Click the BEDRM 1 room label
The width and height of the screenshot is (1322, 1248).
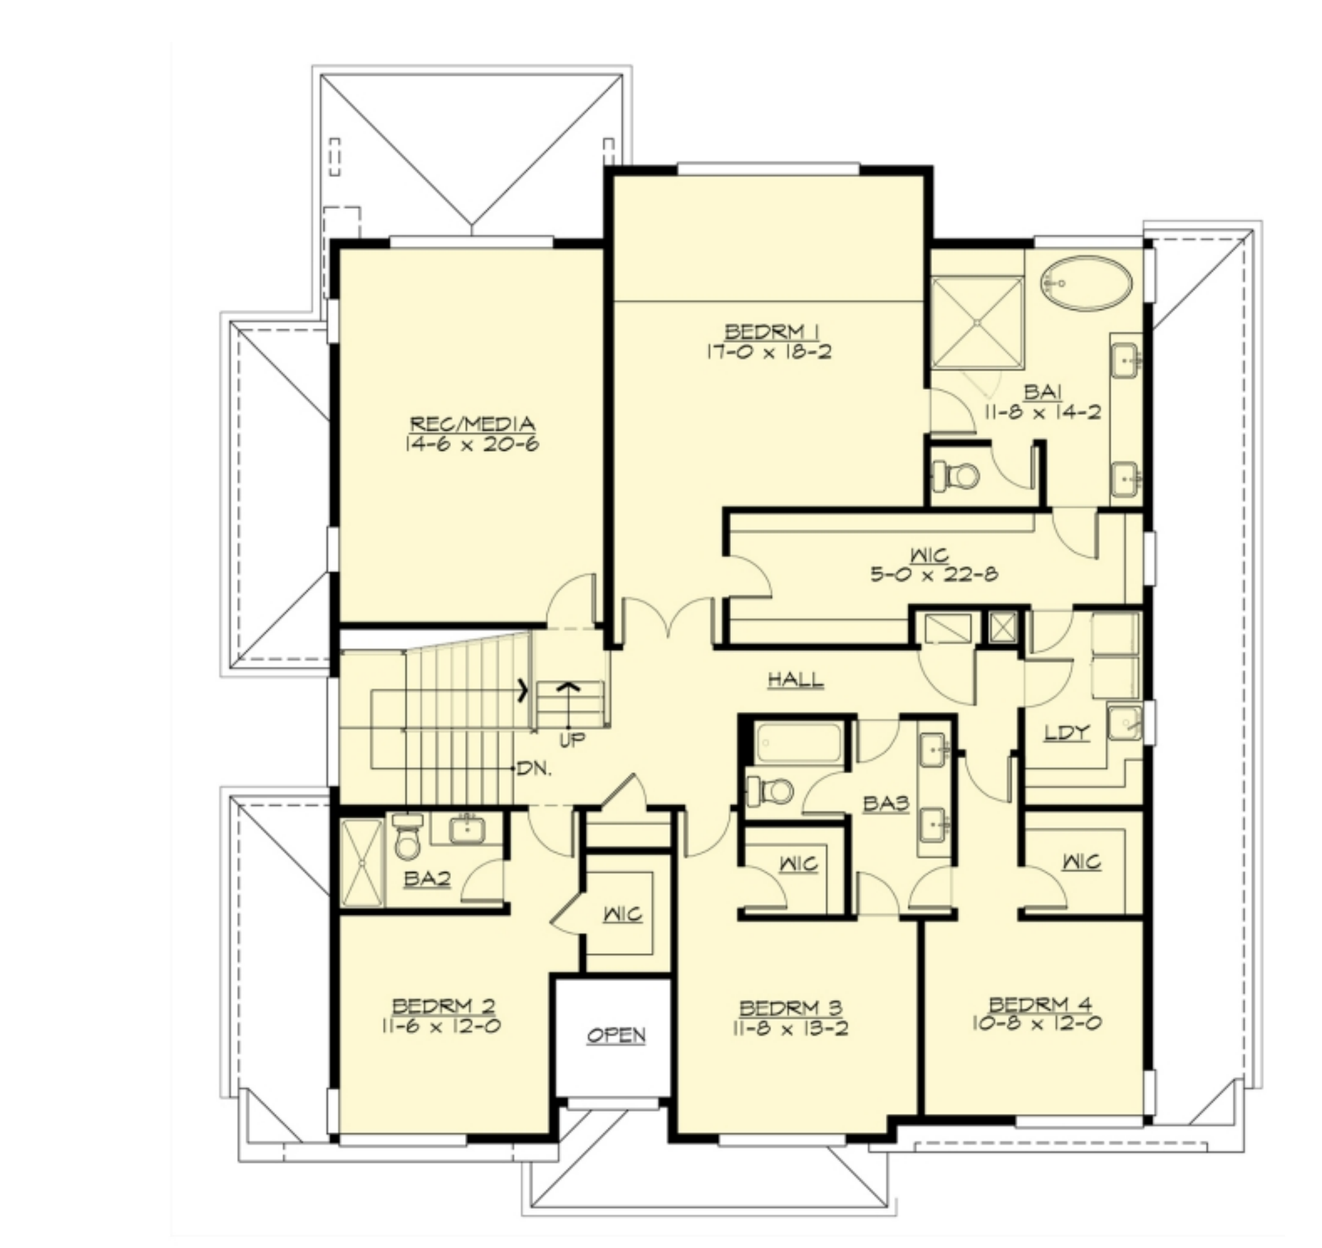(x=772, y=332)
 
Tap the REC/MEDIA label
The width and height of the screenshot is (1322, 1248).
(x=472, y=425)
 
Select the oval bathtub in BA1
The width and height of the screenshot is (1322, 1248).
(x=1086, y=283)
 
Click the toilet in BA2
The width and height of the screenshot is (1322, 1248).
(x=407, y=836)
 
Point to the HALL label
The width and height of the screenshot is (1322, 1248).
(x=796, y=680)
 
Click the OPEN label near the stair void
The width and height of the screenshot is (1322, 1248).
(x=616, y=1036)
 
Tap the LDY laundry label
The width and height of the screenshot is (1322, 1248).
(x=1067, y=732)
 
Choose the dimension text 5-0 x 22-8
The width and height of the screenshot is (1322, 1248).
(x=934, y=573)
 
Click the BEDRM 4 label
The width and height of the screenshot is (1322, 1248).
(x=1040, y=1004)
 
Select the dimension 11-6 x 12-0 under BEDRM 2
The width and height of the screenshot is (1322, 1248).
(x=441, y=1026)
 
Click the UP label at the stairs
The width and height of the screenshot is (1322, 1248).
(x=571, y=741)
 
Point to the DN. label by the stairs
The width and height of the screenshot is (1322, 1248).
(x=534, y=768)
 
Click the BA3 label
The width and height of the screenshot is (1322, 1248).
(x=886, y=803)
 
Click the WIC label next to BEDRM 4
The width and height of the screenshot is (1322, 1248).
(x=1082, y=862)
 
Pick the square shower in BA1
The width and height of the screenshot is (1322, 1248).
(x=977, y=322)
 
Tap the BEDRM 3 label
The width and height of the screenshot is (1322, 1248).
(x=791, y=1007)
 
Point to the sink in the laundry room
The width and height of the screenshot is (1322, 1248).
(x=1125, y=722)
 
